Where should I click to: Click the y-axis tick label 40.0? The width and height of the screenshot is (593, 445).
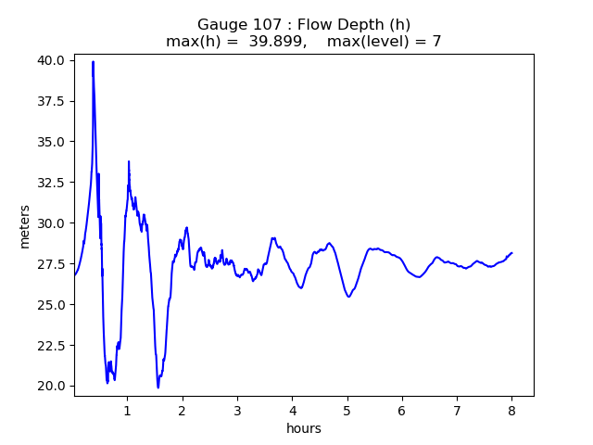pyautogui.click(x=51, y=60)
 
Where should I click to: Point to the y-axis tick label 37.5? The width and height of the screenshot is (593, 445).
pyautogui.click(x=51, y=101)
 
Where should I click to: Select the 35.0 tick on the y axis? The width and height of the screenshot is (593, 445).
pyautogui.click(x=51, y=142)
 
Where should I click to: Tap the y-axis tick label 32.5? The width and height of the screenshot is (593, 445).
pyautogui.click(x=51, y=183)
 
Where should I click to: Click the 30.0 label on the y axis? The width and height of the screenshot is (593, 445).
pyautogui.click(x=51, y=223)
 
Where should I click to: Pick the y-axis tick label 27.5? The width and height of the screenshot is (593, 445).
pyautogui.click(x=51, y=264)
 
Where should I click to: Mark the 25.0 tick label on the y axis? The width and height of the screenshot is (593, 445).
pyautogui.click(x=51, y=305)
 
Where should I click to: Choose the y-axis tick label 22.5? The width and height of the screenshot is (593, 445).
pyautogui.click(x=51, y=346)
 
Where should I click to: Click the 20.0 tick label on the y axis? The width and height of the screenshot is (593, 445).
pyautogui.click(x=51, y=386)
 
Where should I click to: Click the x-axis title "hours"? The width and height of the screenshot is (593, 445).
pyautogui.click(x=304, y=428)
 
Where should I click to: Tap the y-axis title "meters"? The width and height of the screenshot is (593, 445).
pyautogui.click(x=25, y=226)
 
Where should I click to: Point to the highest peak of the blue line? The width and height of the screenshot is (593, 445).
pyautogui.click(x=93, y=61)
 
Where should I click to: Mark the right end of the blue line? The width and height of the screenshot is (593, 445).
pyautogui.click(x=511, y=252)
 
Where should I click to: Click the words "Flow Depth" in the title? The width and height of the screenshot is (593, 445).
pyautogui.click(x=338, y=24)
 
